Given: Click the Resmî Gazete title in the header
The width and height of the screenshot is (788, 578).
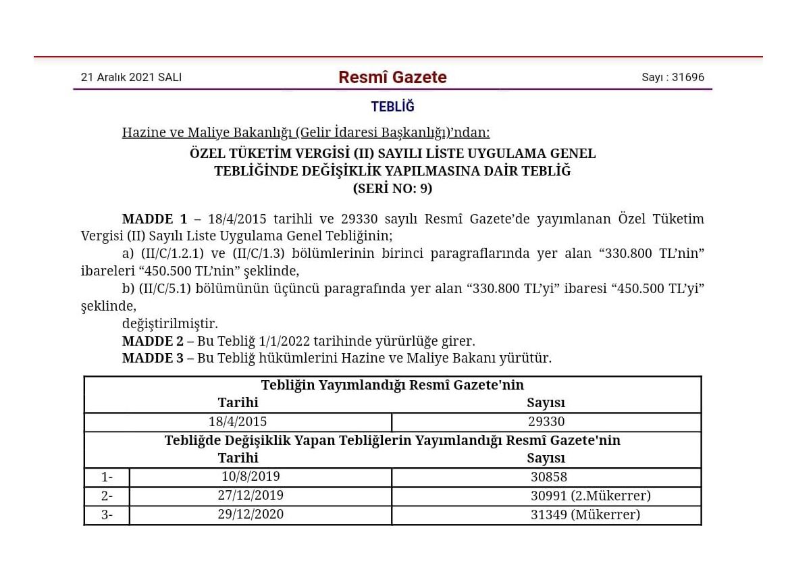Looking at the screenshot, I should click(x=392, y=78).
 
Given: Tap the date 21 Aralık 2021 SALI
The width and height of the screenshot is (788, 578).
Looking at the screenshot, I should click(x=131, y=78).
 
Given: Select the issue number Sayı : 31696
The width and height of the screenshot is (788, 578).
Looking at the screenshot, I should click(x=673, y=78).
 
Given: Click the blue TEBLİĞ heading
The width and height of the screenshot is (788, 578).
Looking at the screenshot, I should click(x=392, y=107).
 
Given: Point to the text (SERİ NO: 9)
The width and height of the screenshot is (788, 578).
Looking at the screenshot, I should click(x=392, y=189).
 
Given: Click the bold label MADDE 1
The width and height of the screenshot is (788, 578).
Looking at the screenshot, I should click(x=155, y=219).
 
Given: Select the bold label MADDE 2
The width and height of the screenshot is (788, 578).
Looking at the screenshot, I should click(x=153, y=341).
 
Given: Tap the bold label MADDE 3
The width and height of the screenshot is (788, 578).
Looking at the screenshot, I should click(x=153, y=358).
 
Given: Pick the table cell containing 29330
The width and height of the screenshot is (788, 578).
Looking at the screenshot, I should click(x=546, y=422).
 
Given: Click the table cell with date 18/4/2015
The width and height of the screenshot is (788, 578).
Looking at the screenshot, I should click(x=238, y=422).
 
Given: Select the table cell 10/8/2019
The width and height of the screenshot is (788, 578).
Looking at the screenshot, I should click(x=251, y=477).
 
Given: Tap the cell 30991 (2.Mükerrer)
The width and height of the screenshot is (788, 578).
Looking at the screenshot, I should click(x=590, y=496).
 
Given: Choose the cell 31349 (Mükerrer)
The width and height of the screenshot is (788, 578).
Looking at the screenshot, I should click(x=585, y=515).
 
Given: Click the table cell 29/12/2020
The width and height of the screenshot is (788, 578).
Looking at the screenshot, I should click(x=251, y=515).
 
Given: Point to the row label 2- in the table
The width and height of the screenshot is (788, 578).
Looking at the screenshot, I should click(x=107, y=496).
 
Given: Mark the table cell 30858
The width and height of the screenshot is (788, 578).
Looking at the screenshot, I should click(x=548, y=477).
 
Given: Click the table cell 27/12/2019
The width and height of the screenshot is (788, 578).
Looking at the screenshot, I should click(x=251, y=496).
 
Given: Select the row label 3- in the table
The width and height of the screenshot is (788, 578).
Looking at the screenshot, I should click(x=107, y=515).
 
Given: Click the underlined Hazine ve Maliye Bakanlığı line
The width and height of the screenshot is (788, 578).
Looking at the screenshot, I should click(x=306, y=132).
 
